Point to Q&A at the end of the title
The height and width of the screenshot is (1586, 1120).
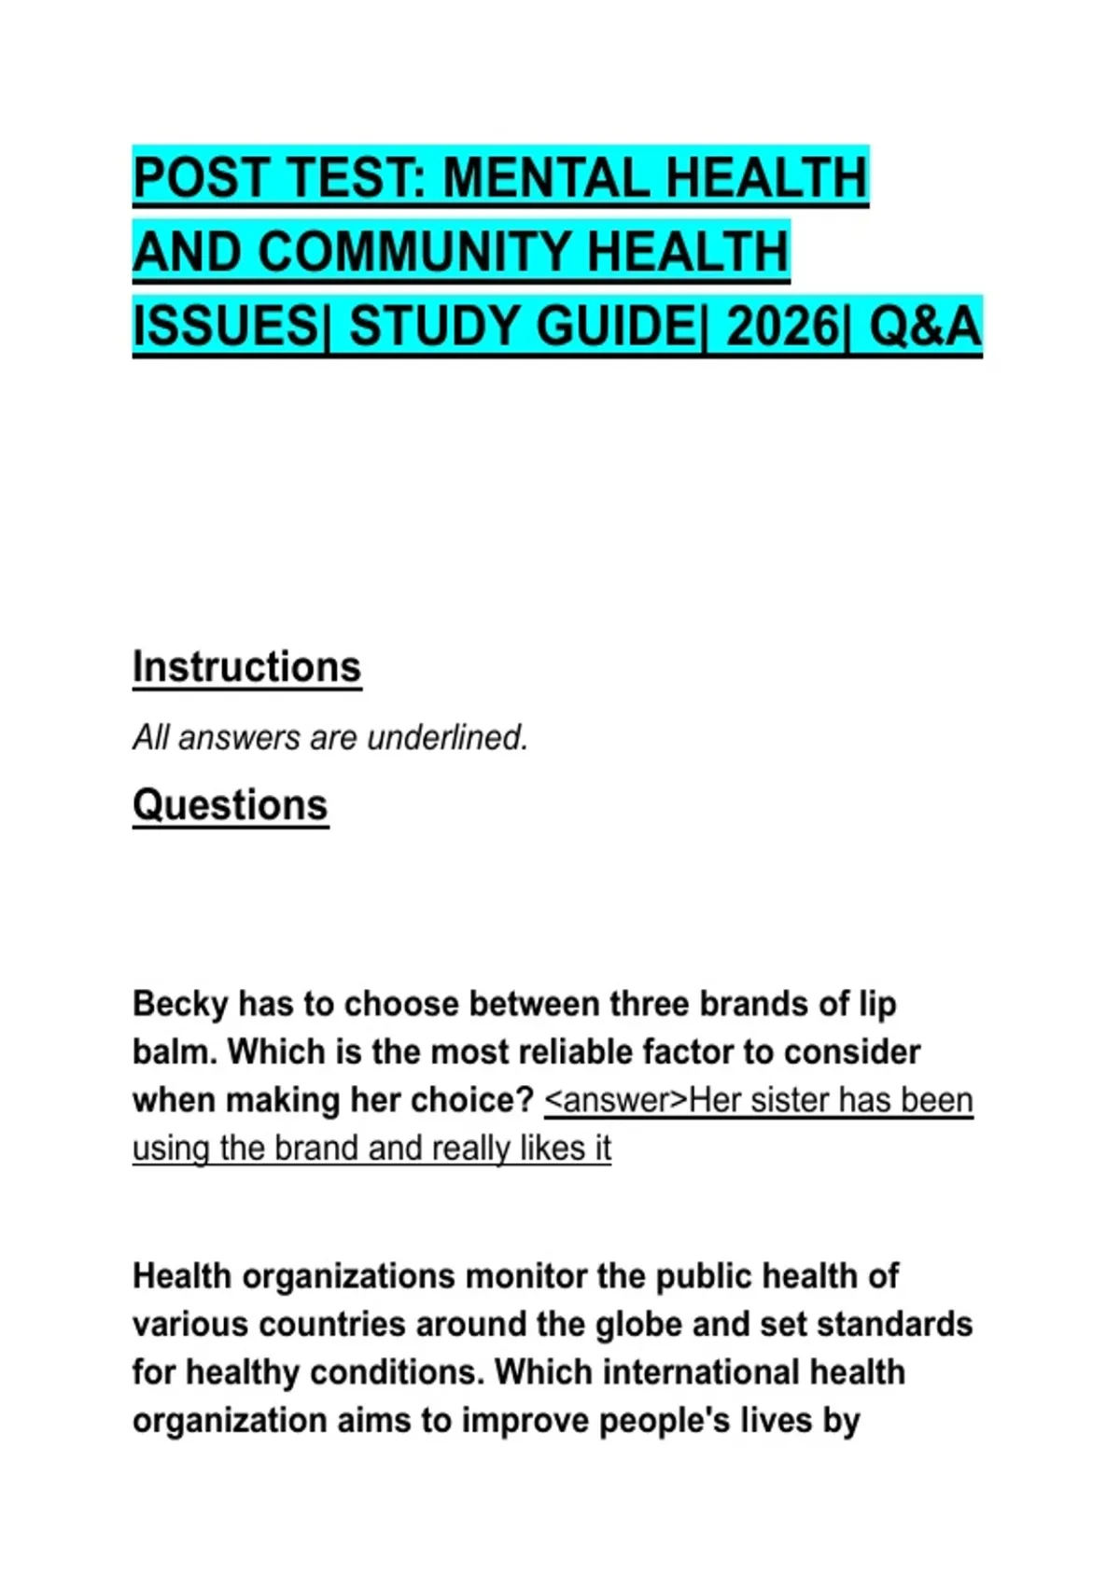(925, 327)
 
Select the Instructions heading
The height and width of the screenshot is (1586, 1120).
(246, 668)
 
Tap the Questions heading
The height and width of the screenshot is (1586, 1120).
(230, 805)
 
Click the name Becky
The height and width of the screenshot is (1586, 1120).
(180, 1005)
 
